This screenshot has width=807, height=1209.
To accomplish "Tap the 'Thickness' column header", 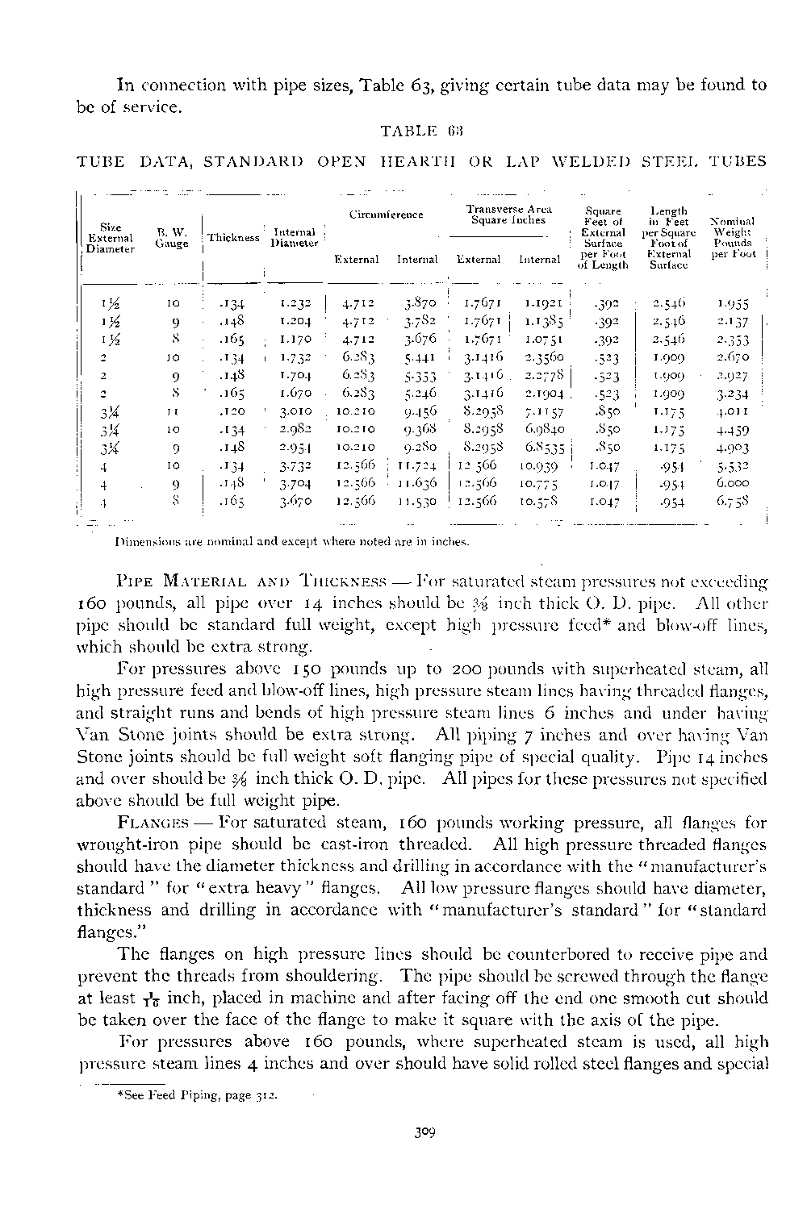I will click(233, 238).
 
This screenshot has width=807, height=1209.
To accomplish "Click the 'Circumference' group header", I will click(386, 215).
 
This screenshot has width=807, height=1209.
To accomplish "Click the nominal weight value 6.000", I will click(732, 483).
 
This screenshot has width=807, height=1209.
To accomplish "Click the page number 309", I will click(420, 1132).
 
